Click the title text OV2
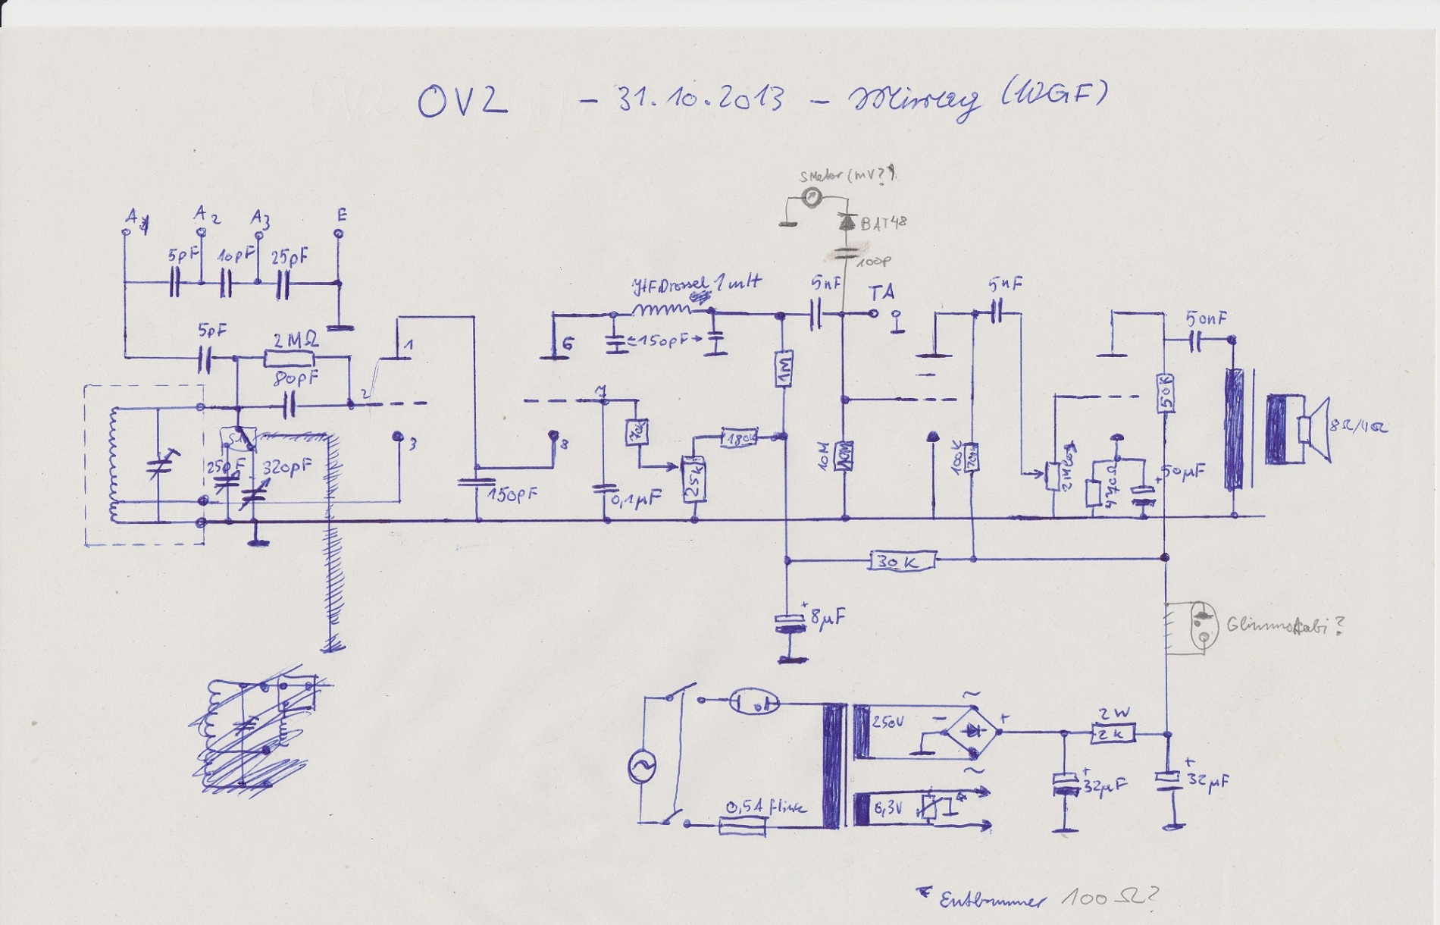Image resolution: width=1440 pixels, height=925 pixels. pos(462,102)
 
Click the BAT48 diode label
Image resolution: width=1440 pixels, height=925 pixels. pos(882,223)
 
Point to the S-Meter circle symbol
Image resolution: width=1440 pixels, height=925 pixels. pos(811,198)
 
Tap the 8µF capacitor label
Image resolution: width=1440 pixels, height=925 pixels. pos(826,619)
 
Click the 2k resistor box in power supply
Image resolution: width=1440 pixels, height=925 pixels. pos(1113,733)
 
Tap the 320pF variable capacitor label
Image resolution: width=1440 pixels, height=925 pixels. pos(286,467)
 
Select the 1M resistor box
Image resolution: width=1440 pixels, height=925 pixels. pos(784,369)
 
